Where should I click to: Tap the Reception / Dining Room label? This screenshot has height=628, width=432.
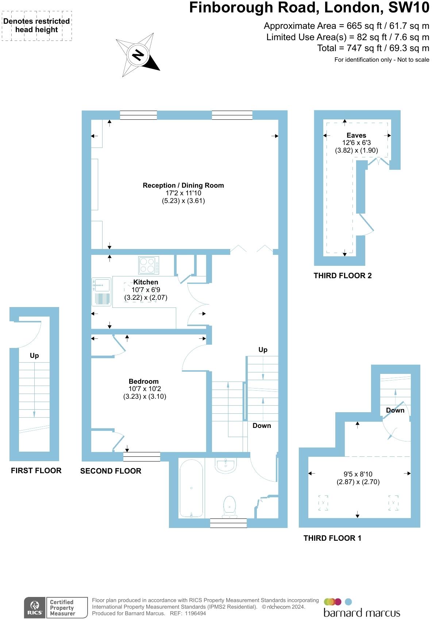183,185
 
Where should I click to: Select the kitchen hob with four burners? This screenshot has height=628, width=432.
149,265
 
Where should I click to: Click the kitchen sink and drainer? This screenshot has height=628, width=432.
101,291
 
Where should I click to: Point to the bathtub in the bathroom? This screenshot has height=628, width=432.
191,489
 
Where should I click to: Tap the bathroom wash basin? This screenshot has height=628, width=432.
226,465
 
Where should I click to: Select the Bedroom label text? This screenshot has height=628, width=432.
144,382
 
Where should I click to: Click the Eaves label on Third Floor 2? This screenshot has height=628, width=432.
356,135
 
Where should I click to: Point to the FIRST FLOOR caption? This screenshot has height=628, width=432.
36,471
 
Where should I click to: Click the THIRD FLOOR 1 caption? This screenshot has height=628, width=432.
332,538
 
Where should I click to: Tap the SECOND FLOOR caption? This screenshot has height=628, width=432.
111,471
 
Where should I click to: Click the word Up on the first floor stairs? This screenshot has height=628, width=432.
34,356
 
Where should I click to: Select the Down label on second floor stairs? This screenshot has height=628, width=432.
262,426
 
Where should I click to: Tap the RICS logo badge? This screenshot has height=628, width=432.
35,608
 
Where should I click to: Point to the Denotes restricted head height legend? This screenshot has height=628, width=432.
36,26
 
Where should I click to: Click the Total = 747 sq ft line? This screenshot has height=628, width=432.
373,48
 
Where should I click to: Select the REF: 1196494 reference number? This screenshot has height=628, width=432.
188,613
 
